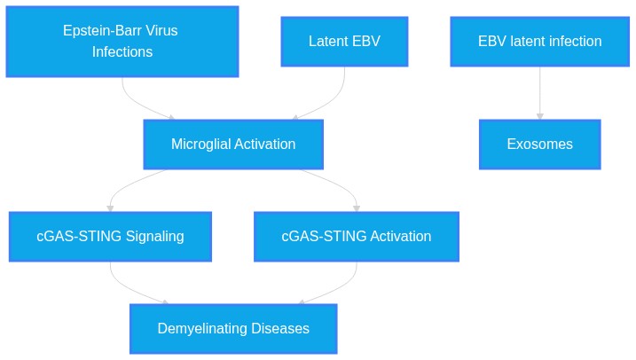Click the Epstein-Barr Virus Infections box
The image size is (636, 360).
[122, 42]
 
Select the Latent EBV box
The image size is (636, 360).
[344, 42]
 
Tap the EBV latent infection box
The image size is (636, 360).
[539, 42]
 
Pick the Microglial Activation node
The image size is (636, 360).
[233, 145]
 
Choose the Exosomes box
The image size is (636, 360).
[539, 145]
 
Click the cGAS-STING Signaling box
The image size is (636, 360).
[110, 237]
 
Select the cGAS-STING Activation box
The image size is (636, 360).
[356, 237]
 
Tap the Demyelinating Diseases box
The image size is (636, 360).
[233, 329]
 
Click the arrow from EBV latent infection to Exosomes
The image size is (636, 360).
[539, 93]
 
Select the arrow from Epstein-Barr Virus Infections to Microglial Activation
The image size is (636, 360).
[135, 101]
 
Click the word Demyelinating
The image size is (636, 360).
[202, 329]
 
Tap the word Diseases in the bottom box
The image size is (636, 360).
[280, 328]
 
